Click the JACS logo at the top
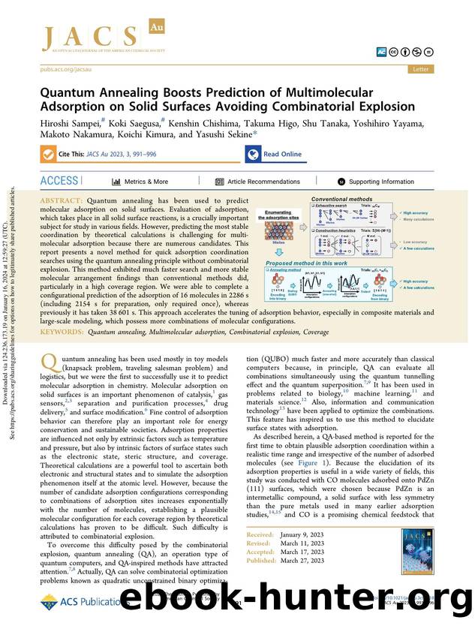click(90, 38)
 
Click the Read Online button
click(275, 154)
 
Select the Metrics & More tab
click(141, 182)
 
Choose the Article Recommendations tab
click(257, 182)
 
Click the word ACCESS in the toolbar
click(59, 181)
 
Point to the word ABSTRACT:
click(65, 201)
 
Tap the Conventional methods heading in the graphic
click(342, 200)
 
